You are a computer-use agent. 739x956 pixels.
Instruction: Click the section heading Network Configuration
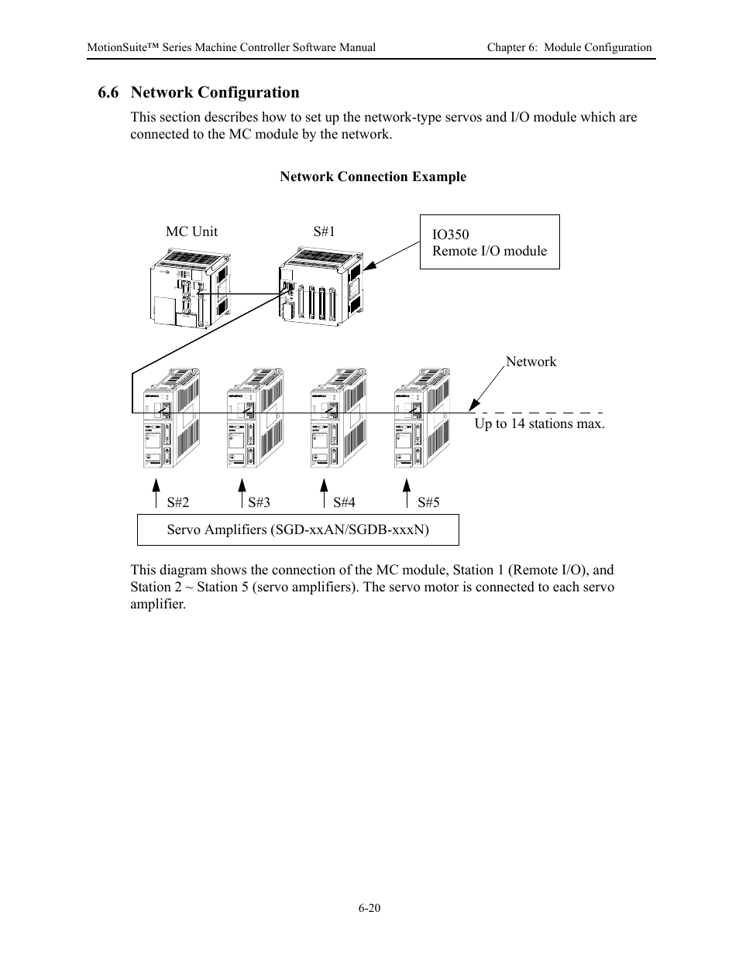pos(198,93)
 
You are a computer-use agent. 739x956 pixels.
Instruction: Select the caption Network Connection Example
pos(373,176)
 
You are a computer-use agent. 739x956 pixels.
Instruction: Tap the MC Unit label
pos(191,231)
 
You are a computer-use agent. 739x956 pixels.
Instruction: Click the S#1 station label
pos(324,231)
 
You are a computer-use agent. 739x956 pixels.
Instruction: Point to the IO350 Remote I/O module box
pos(489,242)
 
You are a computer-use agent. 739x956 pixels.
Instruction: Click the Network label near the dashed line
pos(531,361)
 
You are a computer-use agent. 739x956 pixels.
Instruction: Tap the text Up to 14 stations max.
pos(539,423)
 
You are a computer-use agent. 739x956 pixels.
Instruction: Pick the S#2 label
pos(177,502)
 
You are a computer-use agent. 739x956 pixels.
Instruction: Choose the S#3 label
pos(259,502)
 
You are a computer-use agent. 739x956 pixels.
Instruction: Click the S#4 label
pos(344,502)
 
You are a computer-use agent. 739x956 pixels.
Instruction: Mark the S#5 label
pos(428,502)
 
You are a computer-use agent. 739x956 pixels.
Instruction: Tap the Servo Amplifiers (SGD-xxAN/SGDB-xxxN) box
pos(297,529)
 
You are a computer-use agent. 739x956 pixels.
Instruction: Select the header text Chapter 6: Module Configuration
pos(569,47)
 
